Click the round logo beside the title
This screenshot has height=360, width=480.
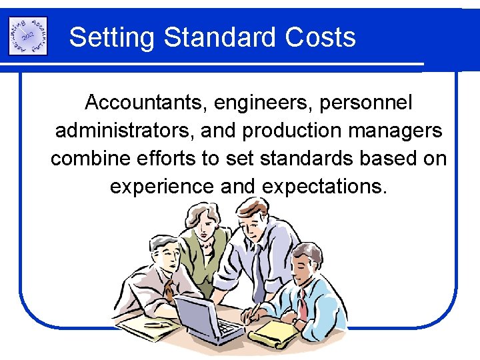pyautogui.click(x=27, y=36)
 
